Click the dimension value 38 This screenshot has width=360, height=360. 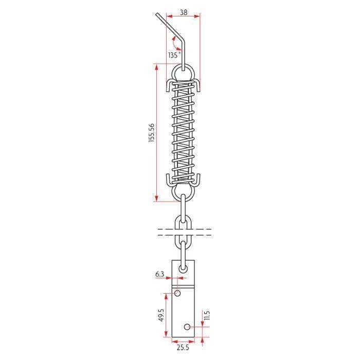[184, 12]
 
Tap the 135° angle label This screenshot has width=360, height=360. [174, 55]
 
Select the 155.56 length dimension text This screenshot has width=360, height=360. [152, 133]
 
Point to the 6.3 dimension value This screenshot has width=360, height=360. [159, 274]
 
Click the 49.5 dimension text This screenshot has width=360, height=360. [161, 315]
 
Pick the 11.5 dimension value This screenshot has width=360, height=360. [206, 315]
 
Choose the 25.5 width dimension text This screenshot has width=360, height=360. [183, 347]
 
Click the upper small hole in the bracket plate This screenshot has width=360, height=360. [177, 293]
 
